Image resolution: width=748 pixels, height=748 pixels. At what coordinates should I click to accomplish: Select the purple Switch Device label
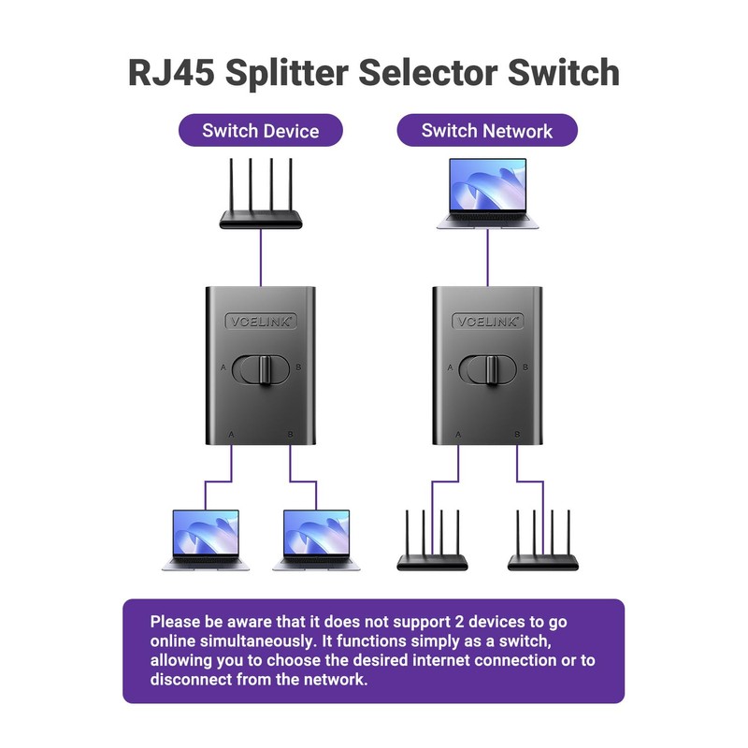point(260,131)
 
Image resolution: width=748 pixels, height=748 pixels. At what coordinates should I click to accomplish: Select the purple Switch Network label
point(487,131)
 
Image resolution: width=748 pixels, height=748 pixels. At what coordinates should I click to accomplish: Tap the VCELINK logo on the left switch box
point(261,321)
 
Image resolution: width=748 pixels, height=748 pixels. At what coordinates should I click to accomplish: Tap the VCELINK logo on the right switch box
point(487,321)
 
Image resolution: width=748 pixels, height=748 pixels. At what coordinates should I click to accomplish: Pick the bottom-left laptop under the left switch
point(206,539)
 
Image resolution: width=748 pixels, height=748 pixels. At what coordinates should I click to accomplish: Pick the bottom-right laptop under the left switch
point(316,539)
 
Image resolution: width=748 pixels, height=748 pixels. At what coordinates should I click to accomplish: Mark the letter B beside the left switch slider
point(298,368)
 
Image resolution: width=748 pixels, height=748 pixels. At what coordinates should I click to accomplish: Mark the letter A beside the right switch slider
point(451,368)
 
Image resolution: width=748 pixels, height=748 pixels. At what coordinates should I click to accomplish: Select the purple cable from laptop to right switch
point(487,257)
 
